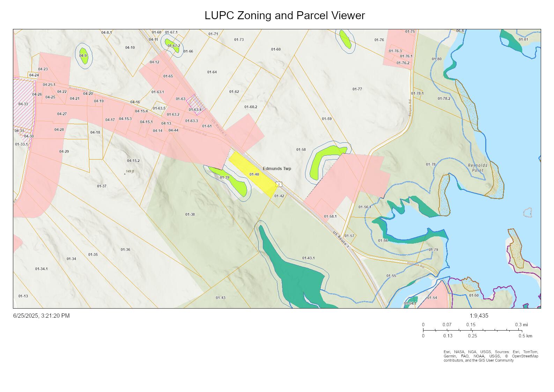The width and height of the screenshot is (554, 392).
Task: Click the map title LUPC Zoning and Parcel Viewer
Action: click(x=285, y=16)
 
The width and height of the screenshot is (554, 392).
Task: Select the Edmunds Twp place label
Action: click(x=277, y=169)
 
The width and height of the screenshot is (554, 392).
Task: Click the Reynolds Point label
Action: click(x=478, y=168)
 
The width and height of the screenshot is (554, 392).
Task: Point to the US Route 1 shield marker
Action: click(x=279, y=184)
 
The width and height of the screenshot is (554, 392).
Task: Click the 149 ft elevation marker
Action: click(x=130, y=172)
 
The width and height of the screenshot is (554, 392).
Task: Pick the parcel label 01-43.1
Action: click(x=308, y=258)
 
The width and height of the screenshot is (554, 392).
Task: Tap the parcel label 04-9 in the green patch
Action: click(x=83, y=56)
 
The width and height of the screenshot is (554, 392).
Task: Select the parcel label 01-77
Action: click(x=357, y=89)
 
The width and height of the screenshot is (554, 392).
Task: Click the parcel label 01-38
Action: click(x=190, y=214)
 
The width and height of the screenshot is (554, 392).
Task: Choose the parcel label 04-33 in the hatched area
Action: click(x=23, y=104)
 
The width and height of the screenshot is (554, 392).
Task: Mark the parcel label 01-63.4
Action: click(x=195, y=110)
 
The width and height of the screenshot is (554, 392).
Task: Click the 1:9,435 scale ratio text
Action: click(x=479, y=316)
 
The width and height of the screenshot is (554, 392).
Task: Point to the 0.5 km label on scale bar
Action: click(x=525, y=336)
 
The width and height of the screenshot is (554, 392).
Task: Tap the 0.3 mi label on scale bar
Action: click(x=521, y=325)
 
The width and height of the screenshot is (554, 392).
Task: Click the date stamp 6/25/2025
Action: click(x=41, y=316)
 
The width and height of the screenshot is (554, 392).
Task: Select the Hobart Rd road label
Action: click(x=415, y=265)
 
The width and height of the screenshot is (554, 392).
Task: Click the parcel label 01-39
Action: click(x=224, y=178)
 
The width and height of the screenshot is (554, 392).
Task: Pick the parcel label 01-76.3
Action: click(x=395, y=51)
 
